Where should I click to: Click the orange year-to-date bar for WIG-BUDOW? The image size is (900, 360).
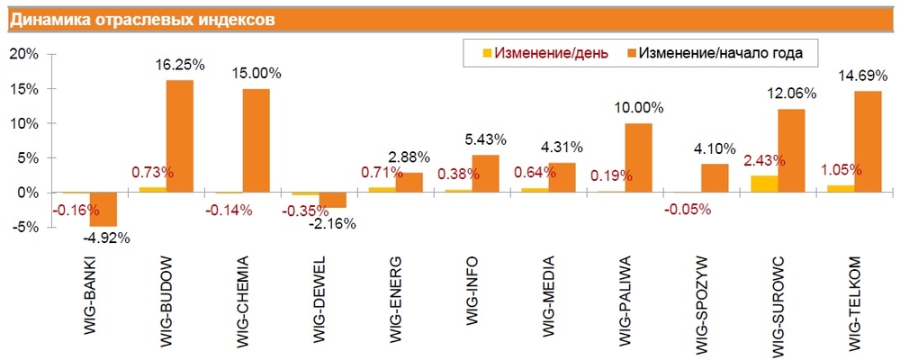[x=180, y=136]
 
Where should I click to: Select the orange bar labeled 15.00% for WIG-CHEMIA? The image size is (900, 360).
[x=256, y=140]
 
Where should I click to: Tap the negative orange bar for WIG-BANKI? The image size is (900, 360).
[x=103, y=209]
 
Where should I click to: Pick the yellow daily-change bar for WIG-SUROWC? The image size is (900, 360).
[x=765, y=184]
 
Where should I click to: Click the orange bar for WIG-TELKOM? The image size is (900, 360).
[x=868, y=141]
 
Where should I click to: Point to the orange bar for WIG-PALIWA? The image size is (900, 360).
[x=638, y=157]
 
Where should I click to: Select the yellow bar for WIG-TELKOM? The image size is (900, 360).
[x=841, y=189]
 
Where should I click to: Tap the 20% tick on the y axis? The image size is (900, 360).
[x=24, y=54]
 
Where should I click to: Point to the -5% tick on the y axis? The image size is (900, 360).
[x=24, y=228]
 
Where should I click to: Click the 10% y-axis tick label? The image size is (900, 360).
[x=24, y=123]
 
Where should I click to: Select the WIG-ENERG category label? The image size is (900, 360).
[x=397, y=301]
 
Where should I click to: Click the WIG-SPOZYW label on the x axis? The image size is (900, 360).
[x=703, y=301]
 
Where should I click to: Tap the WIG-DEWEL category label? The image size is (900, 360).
[x=320, y=301]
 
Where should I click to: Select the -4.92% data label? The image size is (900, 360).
[x=106, y=238]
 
